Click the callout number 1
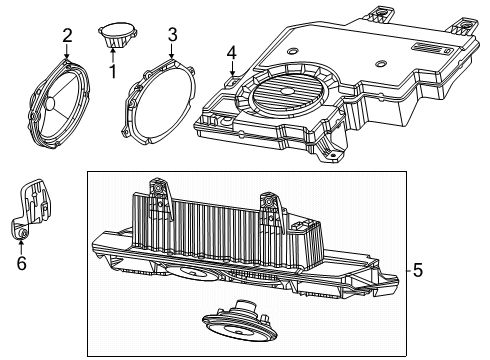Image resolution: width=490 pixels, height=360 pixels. [x=112, y=72]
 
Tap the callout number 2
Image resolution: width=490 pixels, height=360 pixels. [x=66, y=37]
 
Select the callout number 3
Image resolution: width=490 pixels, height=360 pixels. [x=172, y=35]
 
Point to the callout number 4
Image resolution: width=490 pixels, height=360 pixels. [x=231, y=52]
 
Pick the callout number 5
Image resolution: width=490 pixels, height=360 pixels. [x=417, y=269]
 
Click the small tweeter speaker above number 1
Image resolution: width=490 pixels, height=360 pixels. [x=118, y=36]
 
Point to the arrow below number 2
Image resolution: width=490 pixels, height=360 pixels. [x=66, y=55]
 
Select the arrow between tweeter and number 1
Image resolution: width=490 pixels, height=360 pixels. [x=112, y=56]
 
